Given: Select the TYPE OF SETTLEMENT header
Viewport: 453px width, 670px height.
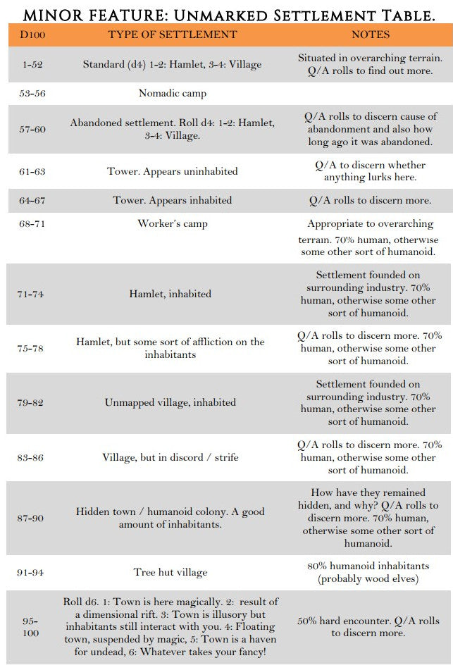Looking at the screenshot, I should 172,35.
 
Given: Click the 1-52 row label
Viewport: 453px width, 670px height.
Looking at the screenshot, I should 32,64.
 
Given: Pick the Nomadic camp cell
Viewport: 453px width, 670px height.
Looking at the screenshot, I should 172,93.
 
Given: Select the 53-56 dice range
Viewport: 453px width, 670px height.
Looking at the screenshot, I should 32,93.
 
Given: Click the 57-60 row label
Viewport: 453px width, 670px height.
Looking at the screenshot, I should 32,129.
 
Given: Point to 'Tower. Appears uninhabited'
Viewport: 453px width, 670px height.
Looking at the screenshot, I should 172,171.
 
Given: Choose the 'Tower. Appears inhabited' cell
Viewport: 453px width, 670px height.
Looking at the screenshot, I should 172,200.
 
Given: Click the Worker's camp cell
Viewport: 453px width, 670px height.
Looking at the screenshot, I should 172,224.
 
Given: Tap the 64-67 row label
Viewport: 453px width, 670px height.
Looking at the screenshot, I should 32,200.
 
